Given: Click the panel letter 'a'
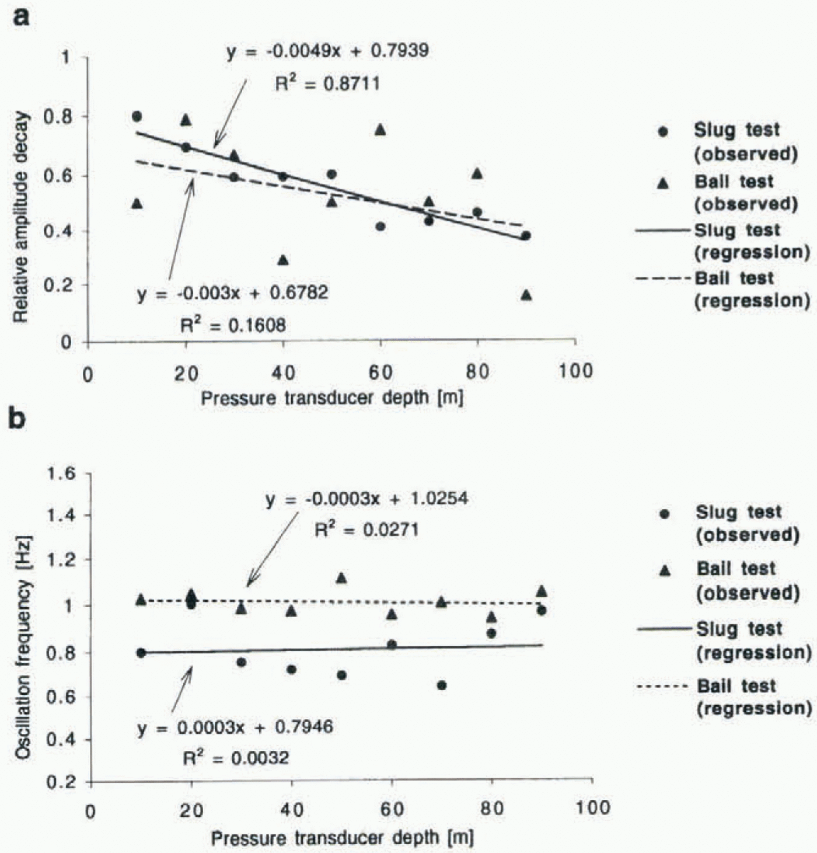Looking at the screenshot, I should (x=21, y=17).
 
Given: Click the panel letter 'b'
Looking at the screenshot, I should (x=18, y=418).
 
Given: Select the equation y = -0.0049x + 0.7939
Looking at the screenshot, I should (x=328, y=51).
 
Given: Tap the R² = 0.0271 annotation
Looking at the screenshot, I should (x=366, y=530).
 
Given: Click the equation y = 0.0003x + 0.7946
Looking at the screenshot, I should (x=235, y=727).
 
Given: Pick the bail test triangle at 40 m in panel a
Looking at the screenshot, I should (x=283, y=260).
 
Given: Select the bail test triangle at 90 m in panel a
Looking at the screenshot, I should (x=526, y=295).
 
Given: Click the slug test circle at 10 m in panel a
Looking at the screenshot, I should (x=137, y=117).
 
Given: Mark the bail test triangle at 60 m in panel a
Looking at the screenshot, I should (x=380, y=130).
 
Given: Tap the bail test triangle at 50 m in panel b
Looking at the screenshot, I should (x=342, y=578).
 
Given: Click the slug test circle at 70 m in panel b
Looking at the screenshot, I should (x=442, y=685).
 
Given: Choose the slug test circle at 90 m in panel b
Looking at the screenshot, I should (x=542, y=610).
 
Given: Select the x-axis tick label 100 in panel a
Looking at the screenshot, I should (x=575, y=371).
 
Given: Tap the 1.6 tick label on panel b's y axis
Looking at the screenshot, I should (x=61, y=473).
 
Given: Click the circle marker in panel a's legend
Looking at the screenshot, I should (x=662, y=132).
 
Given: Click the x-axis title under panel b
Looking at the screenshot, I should (x=342, y=838).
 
